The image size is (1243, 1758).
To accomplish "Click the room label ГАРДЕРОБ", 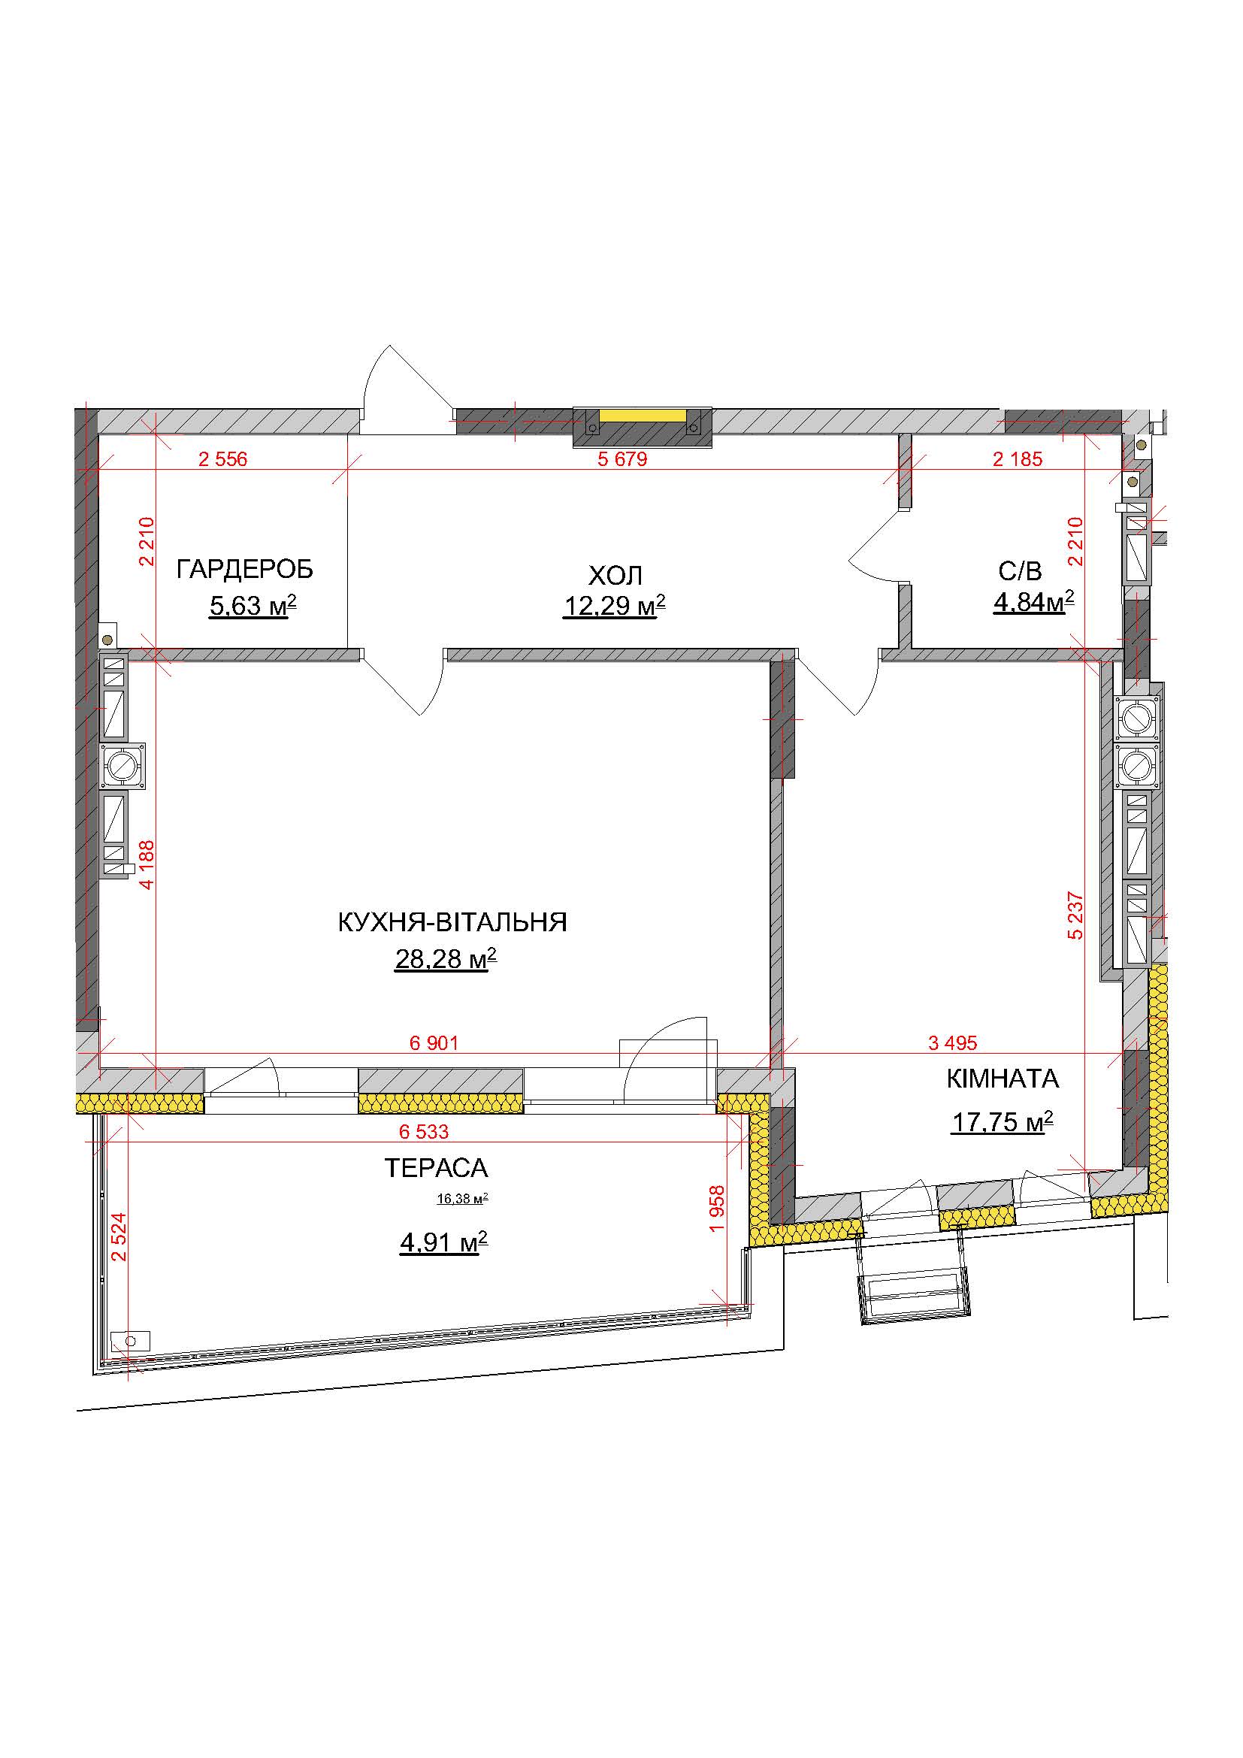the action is [x=245, y=570].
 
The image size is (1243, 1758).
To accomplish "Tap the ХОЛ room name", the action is [x=615, y=575].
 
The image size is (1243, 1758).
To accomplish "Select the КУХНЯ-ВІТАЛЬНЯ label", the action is [x=452, y=922].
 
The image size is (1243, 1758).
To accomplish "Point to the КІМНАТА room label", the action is [x=1003, y=1079].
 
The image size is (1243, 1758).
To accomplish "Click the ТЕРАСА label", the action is [x=436, y=1168].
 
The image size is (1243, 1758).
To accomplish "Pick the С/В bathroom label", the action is [x=1021, y=570].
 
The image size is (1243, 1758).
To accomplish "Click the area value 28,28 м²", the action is [x=446, y=958].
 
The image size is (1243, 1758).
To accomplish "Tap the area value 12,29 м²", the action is [x=615, y=606].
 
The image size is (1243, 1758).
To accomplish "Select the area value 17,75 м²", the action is [x=1002, y=1121].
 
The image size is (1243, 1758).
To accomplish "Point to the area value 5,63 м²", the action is [x=253, y=606].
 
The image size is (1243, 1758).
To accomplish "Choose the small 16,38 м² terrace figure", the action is [x=462, y=1199].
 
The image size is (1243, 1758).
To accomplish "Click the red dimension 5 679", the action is [x=622, y=459].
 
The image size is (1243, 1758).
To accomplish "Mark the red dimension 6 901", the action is [x=434, y=1043].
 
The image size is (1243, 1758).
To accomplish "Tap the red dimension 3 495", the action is [x=952, y=1043].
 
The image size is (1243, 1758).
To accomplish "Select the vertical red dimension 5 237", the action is [x=1075, y=915].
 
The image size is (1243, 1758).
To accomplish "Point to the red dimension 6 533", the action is [x=424, y=1132].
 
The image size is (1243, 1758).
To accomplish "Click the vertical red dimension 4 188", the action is [x=147, y=864].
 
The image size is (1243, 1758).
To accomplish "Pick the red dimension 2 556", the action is [x=222, y=459].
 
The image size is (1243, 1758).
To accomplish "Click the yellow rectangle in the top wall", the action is [x=642, y=415].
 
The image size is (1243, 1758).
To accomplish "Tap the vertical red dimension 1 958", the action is [x=717, y=1209].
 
